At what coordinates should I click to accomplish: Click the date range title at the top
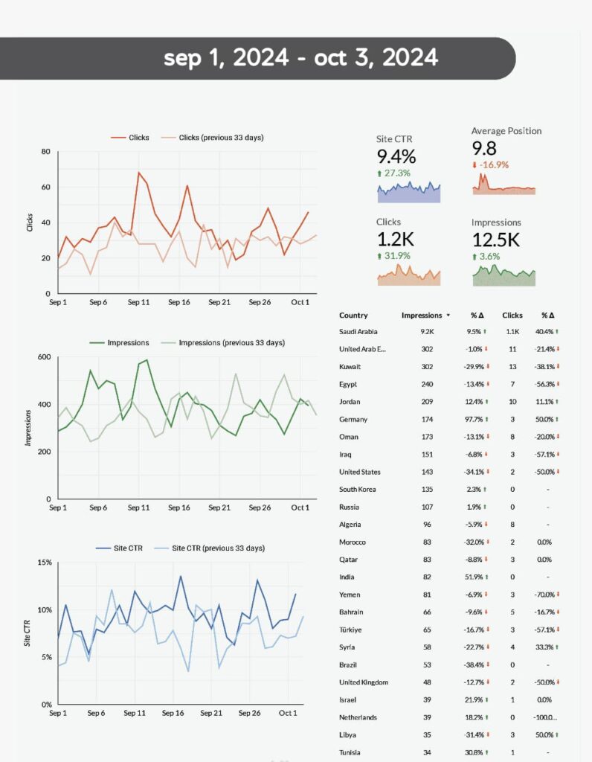tap(300, 58)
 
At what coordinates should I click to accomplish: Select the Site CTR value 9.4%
tap(396, 156)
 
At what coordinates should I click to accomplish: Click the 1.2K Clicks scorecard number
tap(396, 239)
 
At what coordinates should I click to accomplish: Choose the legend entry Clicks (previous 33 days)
tap(221, 138)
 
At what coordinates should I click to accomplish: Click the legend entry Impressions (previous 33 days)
tap(231, 343)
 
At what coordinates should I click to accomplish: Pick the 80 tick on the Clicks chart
tap(45, 152)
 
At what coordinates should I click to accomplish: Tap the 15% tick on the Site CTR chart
tap(43, 563)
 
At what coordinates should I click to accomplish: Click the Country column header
tap(353, 316)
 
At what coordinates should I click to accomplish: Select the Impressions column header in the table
tap(422, 316)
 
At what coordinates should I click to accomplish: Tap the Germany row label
tap(353, 420)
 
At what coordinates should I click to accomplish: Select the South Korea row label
tap(357, 490)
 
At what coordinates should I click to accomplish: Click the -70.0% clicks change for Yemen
tap(545, 595)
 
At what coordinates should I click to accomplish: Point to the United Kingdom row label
tap(364, 682)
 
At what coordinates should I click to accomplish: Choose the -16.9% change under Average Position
tap(493, 164)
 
